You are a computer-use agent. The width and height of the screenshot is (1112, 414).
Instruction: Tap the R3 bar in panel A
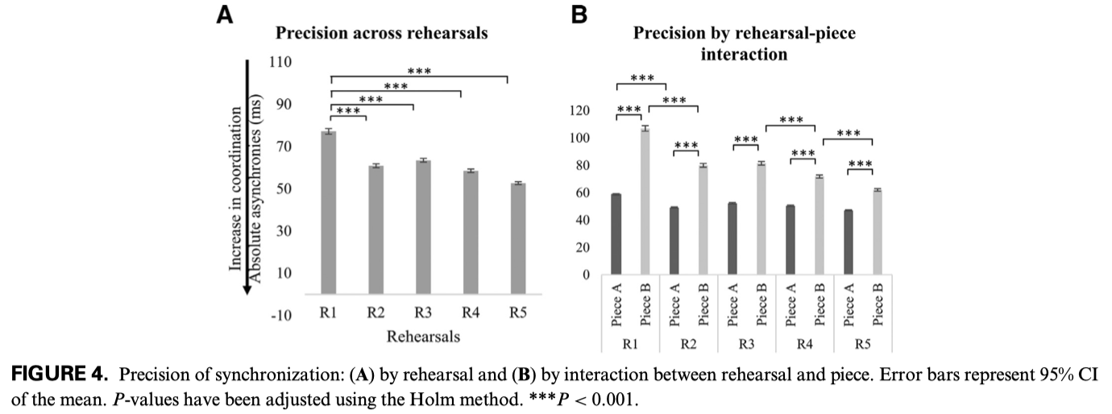[423, 226]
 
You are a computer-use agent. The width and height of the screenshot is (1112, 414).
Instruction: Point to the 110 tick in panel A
[280, 62]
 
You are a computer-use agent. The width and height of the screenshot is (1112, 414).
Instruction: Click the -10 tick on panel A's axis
[280, 315]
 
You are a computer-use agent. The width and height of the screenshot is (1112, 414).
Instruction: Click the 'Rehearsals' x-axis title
[423, 337]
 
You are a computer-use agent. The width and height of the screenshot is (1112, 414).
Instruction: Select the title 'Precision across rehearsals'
[382, 34]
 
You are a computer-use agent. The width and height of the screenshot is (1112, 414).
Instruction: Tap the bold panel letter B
[579, 14]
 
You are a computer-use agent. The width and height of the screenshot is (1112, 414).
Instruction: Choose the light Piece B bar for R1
[645, 201]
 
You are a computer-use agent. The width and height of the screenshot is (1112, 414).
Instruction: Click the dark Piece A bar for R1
[616, 234]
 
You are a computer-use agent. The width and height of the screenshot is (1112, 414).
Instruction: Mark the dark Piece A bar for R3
[732, 238]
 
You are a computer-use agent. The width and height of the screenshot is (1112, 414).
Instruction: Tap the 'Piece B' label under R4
[819, 307]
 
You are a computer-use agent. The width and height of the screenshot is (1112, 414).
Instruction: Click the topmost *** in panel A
[420, 70]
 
